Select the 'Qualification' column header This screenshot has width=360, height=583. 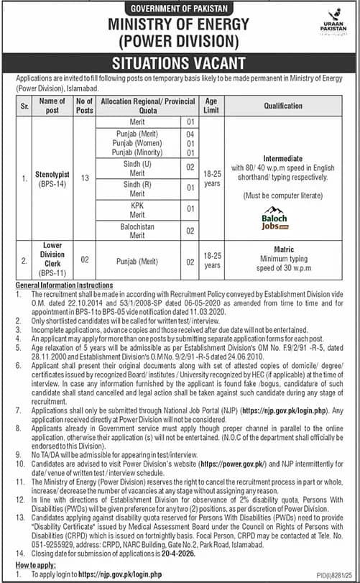tap(282, 106)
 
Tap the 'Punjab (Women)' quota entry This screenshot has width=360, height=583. tap(139, 143)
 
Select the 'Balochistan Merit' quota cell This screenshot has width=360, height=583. tap(139, 230)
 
